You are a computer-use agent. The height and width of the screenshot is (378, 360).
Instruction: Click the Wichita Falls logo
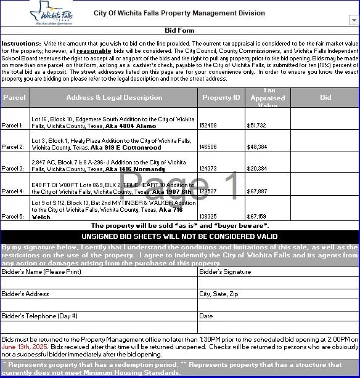51,12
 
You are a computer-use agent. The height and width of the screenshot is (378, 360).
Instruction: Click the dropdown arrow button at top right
353,20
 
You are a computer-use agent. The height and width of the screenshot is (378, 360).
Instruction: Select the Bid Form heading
179,30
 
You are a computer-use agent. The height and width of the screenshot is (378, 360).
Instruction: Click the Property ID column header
221,97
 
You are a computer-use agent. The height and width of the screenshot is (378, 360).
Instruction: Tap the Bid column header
325,97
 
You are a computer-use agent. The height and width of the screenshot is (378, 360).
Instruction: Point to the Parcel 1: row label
13,125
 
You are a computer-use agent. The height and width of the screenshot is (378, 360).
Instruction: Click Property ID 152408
208,125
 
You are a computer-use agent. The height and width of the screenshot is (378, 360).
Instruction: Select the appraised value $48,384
257,147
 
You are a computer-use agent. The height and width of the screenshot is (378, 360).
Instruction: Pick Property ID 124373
208,169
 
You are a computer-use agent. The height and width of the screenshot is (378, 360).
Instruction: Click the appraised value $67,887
257,191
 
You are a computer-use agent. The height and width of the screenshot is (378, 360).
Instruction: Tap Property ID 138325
208,216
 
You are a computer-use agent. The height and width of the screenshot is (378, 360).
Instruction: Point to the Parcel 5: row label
13,216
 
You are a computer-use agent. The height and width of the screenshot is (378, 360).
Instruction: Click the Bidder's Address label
25,294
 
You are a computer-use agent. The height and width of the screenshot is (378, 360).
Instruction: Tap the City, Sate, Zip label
218,294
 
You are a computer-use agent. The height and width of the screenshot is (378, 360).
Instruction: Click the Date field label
206,316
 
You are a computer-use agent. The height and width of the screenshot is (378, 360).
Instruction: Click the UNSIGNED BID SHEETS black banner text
179,236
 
